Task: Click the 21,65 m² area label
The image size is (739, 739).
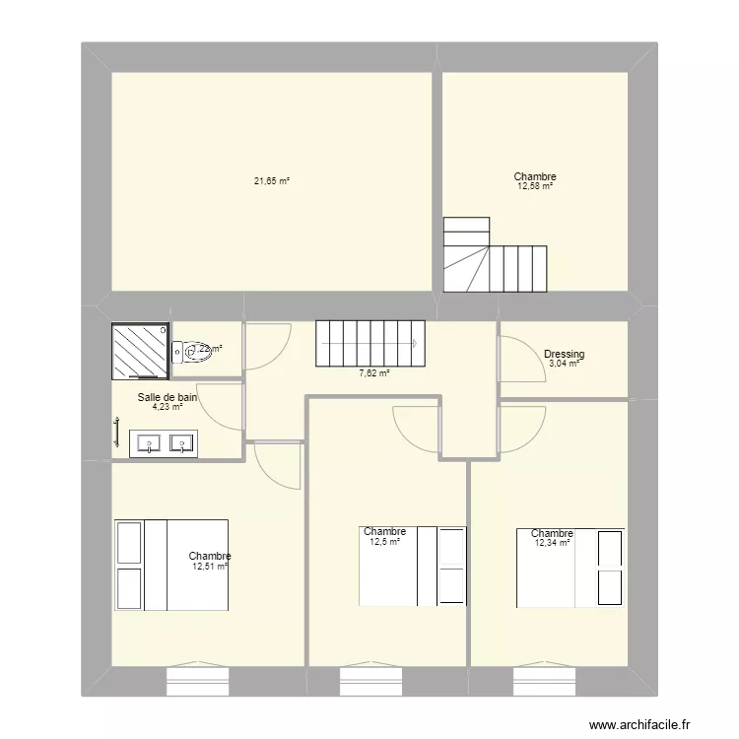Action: point(272,181)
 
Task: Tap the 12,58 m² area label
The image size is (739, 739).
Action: point(535,186)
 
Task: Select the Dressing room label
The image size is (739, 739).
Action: point(564,354)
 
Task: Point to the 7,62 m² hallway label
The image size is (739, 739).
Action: point(374,373)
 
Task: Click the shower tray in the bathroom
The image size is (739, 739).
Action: point(140,351)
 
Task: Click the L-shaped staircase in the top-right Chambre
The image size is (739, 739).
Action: point(493,257)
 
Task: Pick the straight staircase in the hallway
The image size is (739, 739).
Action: point(369,342)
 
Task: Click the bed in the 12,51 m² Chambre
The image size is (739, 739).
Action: point(171,565)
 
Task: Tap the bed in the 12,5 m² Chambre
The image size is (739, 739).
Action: point(413,567)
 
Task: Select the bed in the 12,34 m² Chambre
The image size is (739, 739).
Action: point(571,568)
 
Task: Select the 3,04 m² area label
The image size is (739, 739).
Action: point(563,365)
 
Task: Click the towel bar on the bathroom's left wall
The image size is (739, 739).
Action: point(116,433)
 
